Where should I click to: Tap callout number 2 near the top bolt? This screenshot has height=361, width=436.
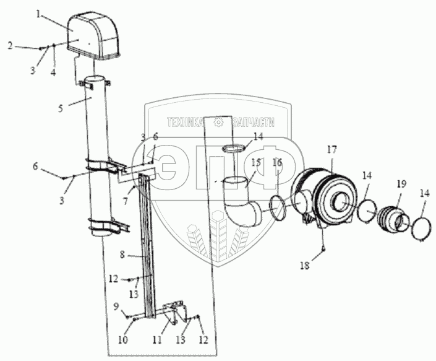point(10,45)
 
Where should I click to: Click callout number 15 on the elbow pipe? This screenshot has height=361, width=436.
point(256,163)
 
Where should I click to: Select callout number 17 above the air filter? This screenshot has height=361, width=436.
point(331,149)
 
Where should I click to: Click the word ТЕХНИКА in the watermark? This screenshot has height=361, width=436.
point(184,123)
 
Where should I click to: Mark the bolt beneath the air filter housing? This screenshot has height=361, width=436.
point(323,248)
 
